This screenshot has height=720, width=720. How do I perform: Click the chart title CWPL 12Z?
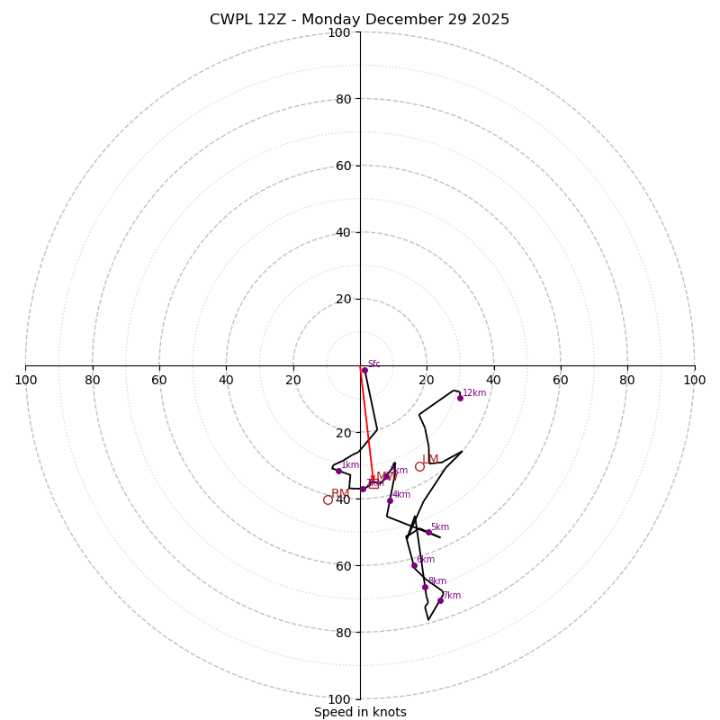click(359, 20)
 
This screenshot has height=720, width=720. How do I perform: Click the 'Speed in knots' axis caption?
click(360, 712)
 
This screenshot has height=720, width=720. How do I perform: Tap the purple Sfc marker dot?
click(364, 370)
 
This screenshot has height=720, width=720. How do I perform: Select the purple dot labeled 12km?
click(460, 398)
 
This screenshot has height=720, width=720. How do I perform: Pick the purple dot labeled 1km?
click(338, 471)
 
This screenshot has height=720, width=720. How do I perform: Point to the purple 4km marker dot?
click(390, 500)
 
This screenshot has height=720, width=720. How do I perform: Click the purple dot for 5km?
click(428, 532)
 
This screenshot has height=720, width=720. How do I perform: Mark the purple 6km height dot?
click(414, 565)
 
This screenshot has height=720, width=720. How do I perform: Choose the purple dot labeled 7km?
click(440, 600)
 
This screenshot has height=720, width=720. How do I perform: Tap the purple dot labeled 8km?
click(425, 587)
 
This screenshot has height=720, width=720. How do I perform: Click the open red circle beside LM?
click(419, 466)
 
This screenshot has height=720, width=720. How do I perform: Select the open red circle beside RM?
click(328, 499)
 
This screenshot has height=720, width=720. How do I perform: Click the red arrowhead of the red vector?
click(373, 479)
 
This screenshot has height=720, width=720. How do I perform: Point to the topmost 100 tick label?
click(339, 32)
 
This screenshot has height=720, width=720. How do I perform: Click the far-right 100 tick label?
click(694, 380)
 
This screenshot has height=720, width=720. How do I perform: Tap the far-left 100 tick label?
click(26, 380)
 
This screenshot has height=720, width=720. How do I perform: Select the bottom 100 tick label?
click(339, 698)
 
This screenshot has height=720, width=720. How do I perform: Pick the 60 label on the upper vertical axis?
click(343, 166)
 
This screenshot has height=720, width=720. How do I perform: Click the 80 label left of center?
click(93, 380)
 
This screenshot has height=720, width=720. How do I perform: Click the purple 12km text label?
click(474, 392)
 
